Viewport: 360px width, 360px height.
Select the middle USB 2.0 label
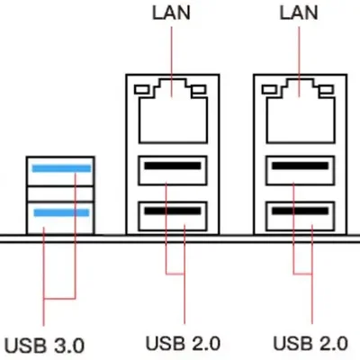183,344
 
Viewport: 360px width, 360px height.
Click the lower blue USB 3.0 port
60,213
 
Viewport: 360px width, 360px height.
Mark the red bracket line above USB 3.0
60,298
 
